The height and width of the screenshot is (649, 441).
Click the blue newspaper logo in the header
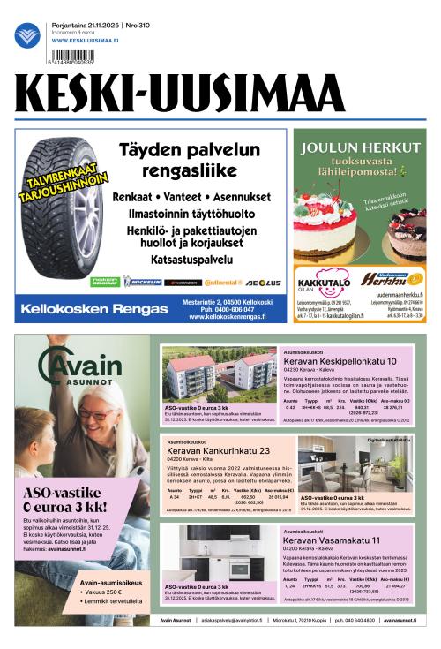(27, 35)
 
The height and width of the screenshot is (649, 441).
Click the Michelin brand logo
(142, 282)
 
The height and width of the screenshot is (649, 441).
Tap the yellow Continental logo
(220, 282)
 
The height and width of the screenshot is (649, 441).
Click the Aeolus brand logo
(262, 282)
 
